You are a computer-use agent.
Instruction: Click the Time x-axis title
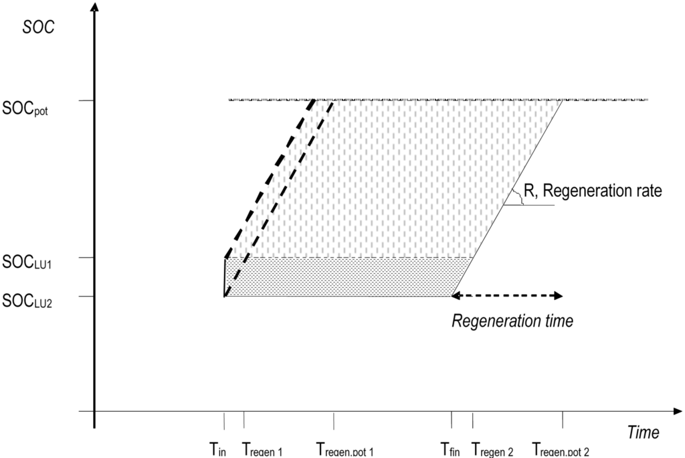(643, 433)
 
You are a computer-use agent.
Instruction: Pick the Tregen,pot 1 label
(345, 451)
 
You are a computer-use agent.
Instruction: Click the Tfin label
(450, 450)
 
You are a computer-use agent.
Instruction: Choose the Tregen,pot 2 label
(561, 451)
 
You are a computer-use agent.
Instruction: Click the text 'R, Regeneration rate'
(593, 192)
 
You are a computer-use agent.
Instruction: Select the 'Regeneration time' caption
(512, 321)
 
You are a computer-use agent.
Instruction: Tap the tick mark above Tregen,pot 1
(334, 420)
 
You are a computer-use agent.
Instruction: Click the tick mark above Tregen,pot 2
(562, 420)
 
